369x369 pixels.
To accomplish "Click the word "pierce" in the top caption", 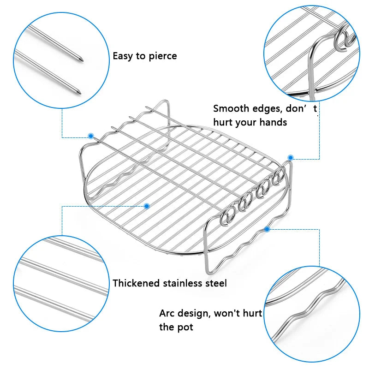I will pyautogui.click(x=161, y=56).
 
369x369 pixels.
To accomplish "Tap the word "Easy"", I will pyautogui.click(x=123, y=56).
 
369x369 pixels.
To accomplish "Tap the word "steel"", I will pyautogui.click(x=216, y=283).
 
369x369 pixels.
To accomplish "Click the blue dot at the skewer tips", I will pyautogui.click(x=91, y=136).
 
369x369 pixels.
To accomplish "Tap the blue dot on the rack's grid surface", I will pyautogui.click(x=147, y=206).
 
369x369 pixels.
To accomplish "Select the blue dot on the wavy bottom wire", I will pyautogui.click(x=267, y=228).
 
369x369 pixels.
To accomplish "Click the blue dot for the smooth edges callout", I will pyautogui.click(x=291, y=157).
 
